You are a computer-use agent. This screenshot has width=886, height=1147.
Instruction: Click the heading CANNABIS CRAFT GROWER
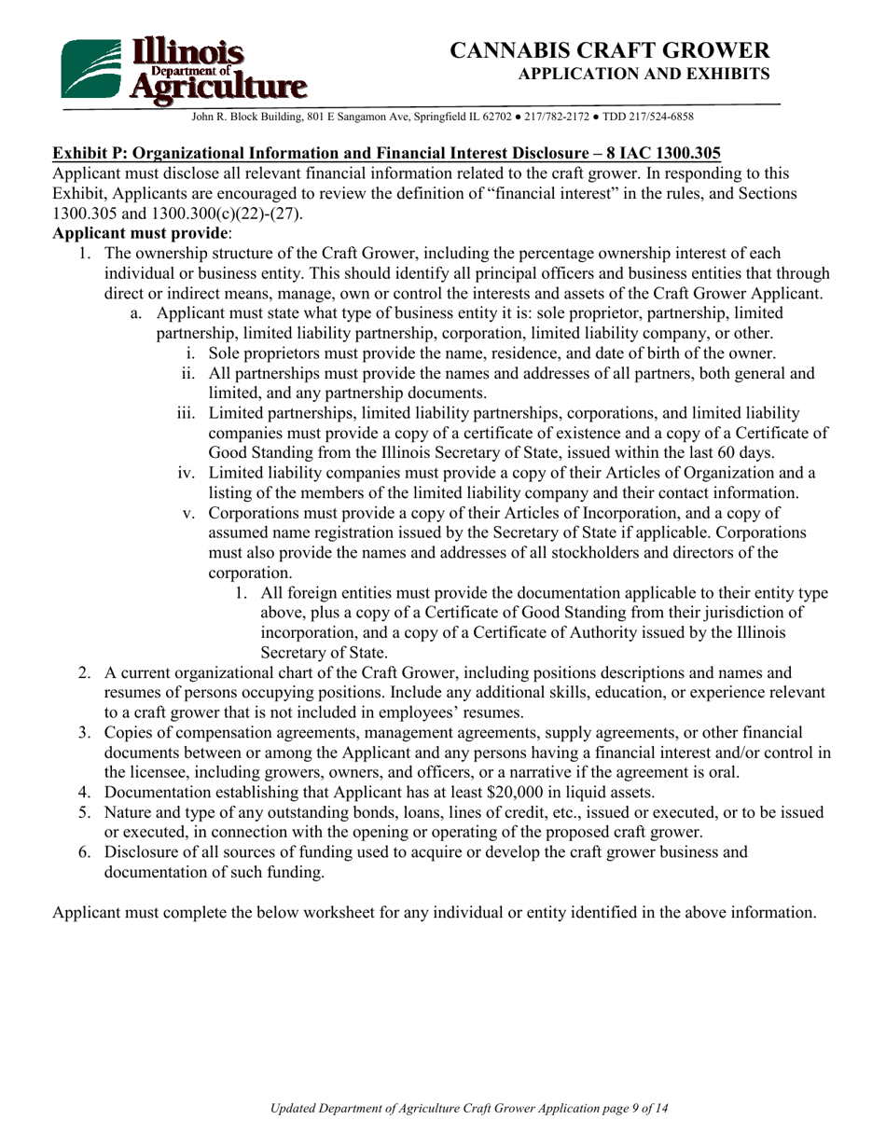point(609,50)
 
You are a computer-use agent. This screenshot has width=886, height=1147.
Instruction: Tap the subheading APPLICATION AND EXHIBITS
point(644,74)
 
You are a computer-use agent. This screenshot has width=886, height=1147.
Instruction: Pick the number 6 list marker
point(83,852)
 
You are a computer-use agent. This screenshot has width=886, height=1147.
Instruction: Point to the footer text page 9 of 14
point(631,1109)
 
